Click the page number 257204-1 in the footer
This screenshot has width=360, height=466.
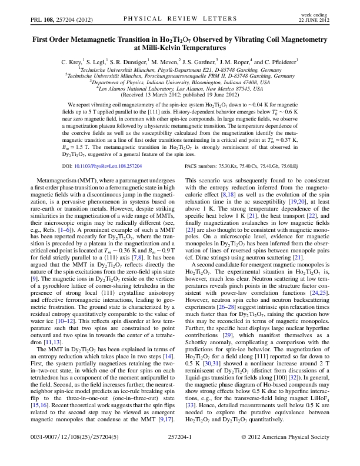coord(180,454)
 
